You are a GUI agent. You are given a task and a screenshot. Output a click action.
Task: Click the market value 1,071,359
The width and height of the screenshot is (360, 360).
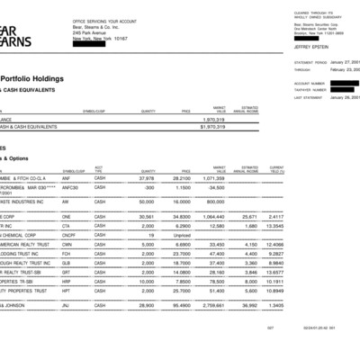(x=212, y=178)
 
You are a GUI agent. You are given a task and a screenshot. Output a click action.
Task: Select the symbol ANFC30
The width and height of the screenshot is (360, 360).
(x=70, y=187)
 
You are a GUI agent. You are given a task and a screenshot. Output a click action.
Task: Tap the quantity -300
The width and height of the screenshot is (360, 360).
(x=148, y=187)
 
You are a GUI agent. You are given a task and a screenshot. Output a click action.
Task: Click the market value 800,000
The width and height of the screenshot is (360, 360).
(x=214, y=202)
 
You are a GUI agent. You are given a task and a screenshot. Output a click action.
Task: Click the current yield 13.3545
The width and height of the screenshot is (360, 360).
(x=275, y=226)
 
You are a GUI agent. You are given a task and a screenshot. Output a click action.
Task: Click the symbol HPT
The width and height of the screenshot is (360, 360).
(x=66, y=291)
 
